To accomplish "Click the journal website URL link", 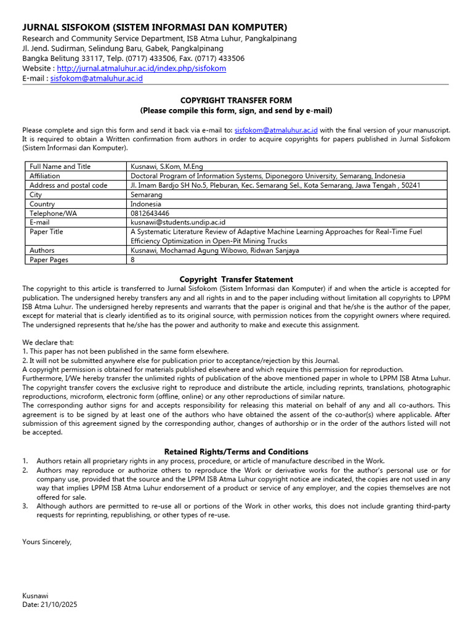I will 141,68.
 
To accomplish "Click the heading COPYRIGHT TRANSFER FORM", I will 236,100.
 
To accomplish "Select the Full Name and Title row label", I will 60,166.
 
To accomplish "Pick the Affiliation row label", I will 45,176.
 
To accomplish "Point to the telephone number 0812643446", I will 149,213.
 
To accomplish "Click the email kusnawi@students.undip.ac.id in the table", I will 178,222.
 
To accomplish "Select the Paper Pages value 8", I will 132,260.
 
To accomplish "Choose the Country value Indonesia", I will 146,204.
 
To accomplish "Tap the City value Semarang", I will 147,194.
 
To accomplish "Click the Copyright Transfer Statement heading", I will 236,279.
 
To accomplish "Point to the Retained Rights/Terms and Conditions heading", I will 236,452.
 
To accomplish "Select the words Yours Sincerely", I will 47,542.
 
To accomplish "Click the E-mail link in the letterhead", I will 96,78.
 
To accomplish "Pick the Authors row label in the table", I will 42,250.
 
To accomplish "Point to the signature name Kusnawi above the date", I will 35,596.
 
